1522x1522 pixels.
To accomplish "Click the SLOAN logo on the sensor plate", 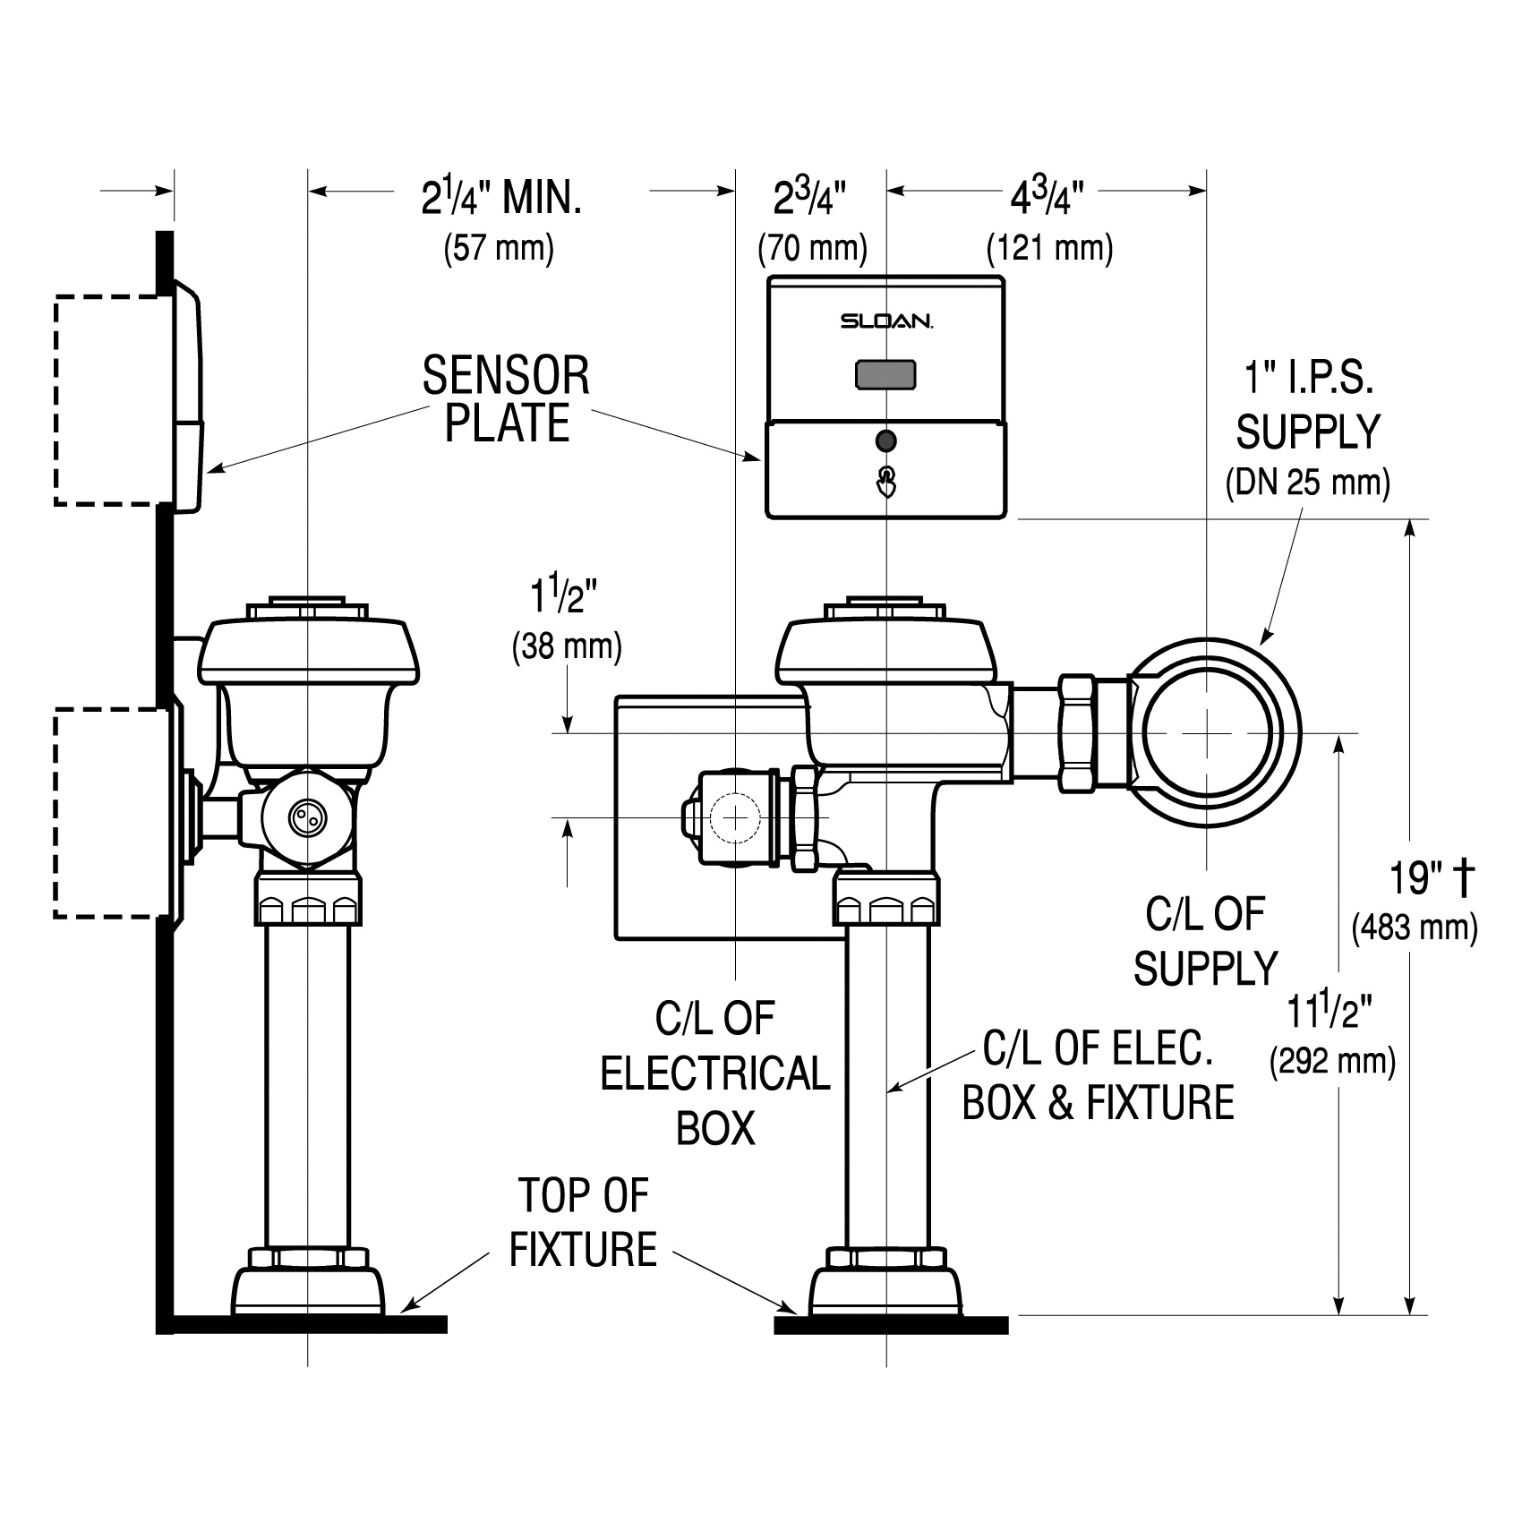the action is [886, 321].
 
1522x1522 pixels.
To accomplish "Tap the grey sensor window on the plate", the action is [885, 375].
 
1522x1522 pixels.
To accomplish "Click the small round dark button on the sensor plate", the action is [886, 440].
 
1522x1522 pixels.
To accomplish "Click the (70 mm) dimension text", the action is [812, 248].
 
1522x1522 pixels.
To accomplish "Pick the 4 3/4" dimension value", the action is [1047, 198].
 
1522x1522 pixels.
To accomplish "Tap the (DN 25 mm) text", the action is [1307, 483].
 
